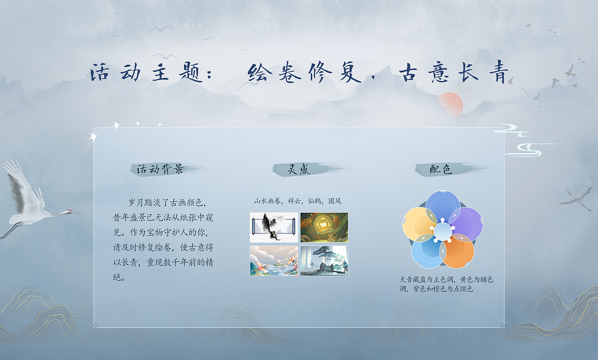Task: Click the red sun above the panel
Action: pyautogui.click(x=450, y=103)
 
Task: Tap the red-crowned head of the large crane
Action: pyautogui.click(x=69, y=212)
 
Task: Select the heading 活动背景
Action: pyautogui.click(x=160, y=169)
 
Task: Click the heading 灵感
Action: pyautogui.click(x=299, y=169)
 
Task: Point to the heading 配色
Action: pyautogui.click(x=441, y=169)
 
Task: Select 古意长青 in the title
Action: pyautogui.click(x=453, y=73)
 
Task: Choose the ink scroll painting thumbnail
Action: pyautogui.click(x=274, y=227)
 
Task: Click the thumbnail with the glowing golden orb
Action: pyautogui.click(x=324, y=227)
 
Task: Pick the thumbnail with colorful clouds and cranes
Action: pyautogui.click(x=274, y=261)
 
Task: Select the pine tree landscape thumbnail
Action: pyautogui.click(x=324, y=261)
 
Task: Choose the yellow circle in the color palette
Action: pyautogui.click(x=418, y=223)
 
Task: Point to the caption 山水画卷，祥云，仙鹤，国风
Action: pyautogui.click(x=298, y=201)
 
